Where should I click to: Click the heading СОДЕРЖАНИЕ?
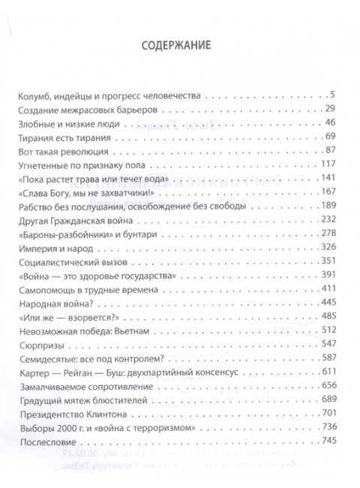tap(179, 45)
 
